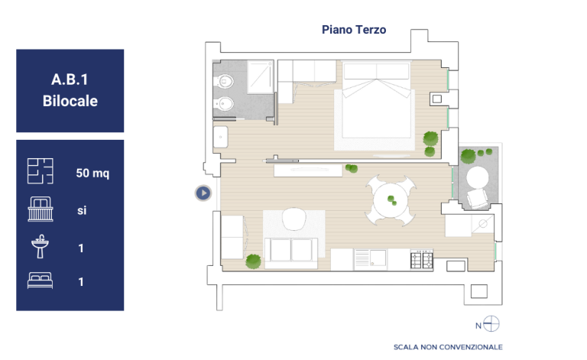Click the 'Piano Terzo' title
point(354,30)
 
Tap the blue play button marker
point(203,193)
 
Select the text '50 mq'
point(92,173)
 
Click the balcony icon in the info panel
point(41,209)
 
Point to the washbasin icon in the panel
point(40,246)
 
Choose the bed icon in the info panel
point(40,281)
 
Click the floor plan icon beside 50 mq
point(40,171)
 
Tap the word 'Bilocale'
point(70,101)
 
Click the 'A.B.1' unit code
point(70,79)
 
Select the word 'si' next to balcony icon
point(82,210)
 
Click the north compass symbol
point(491,324)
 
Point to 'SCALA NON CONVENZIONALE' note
point(448,347)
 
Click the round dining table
point(391,200)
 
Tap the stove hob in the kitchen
point(422,259)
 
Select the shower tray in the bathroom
point(260,77)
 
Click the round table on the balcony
point(477,177)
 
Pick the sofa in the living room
point(291,252)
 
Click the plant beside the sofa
point(254,261)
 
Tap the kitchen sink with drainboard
point(370,259)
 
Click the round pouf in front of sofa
point(294,219)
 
